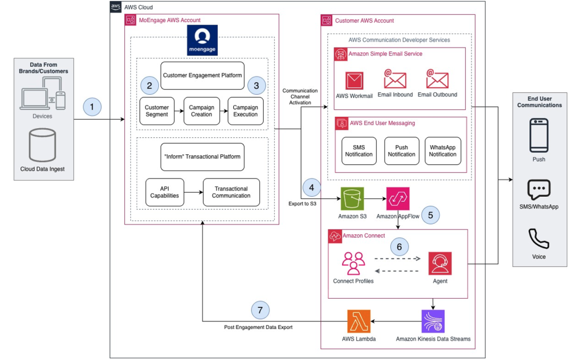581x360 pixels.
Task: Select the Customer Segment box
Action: (157, 111)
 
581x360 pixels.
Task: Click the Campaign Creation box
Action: (201, 111)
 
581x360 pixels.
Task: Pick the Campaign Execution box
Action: (245, 111)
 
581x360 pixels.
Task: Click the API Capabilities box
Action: (164, 192)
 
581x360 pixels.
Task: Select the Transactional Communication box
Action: (231, 192)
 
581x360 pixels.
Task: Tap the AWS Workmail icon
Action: (354, 80)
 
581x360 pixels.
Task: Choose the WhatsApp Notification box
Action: (443, 151)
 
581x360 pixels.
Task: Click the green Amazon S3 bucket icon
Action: (352, 198)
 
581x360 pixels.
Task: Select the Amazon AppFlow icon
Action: (398, 198)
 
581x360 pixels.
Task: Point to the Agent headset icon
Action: (440, 263)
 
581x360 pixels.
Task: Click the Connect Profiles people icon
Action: (353, 263)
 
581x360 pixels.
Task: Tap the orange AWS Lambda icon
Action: (358, 321)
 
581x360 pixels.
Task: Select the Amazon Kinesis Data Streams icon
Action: (433, 321)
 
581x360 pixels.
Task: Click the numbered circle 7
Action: (260, 310)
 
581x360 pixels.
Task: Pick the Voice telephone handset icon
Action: (538, 239)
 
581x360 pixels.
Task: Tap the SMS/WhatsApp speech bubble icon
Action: (538, 189)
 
